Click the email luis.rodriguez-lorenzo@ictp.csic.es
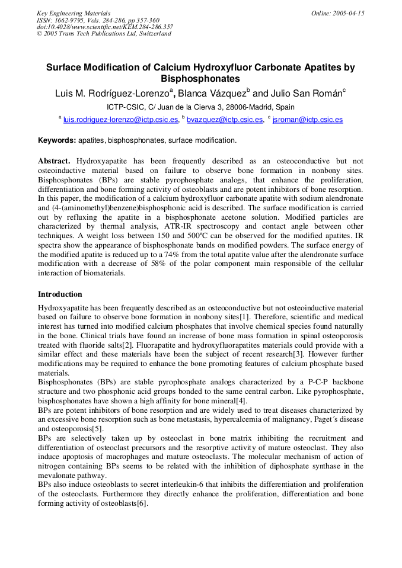(120, 120)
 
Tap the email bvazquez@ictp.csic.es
(225, 120)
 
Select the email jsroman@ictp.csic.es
(307, 120)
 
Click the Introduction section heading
(60, 294)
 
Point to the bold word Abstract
(54, 161)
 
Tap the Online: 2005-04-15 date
(338, 13)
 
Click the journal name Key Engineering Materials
(73, 13)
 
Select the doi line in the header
(104, 27)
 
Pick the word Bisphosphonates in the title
(200, 78)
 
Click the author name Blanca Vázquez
(214, 93)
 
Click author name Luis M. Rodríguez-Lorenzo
(112, 93)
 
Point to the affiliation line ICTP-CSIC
(200, 107)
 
